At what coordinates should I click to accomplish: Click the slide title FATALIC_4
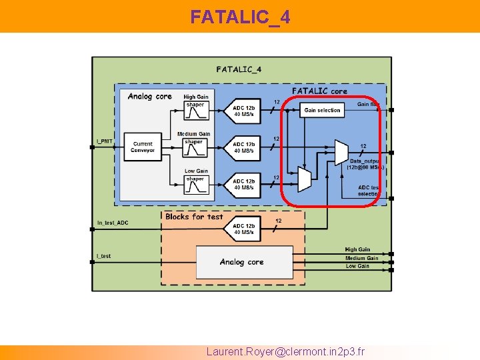coord(240,17)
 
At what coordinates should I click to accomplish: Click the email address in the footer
coord(285,351)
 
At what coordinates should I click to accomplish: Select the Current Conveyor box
coord(143,147)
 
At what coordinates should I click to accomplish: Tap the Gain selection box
coord(322,110)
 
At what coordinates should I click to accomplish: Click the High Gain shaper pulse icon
coord(195,113)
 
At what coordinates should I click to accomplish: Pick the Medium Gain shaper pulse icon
coord(195,151)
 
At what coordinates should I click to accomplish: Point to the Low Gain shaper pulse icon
coord(195,187)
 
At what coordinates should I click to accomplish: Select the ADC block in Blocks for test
coord(243,229)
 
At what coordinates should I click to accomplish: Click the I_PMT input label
coord(105,141)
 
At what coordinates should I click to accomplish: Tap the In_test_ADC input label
coord(112,223)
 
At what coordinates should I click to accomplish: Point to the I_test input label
coord(103,256)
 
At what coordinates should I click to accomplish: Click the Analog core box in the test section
coord(243,262)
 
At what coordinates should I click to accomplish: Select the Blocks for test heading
coord(194,217)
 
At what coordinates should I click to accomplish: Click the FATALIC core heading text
coord(319,91)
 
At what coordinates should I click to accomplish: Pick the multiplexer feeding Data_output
coord(341,152)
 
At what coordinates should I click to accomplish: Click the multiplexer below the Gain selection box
coord(304,179)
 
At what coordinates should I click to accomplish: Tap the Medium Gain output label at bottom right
coord(361,258)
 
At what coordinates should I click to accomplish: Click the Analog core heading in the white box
coord(149,97)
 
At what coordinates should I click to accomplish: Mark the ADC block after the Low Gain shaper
coord(243,184)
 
